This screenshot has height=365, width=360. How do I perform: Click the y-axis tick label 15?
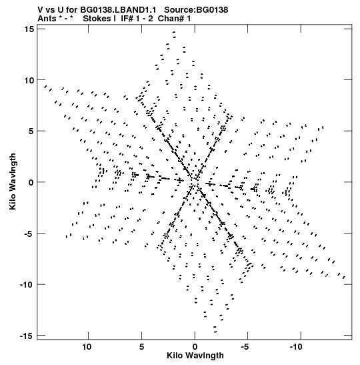point(29,29)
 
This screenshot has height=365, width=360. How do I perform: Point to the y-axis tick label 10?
point(29,80)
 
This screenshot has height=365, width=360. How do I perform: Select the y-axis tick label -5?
point(29,234)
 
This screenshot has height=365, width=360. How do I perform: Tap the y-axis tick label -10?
point(27,284)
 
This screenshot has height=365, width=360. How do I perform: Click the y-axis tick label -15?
point(27,336)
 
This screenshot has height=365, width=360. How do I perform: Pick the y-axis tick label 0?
point(31,182)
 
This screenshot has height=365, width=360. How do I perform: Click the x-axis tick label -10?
point(296,347)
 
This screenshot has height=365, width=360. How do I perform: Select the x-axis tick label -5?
point(245,347)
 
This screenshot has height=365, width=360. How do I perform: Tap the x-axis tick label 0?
point(195,347)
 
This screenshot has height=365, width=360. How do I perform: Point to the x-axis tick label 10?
point(87,347)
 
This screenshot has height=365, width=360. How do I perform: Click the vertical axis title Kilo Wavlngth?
point(13,181)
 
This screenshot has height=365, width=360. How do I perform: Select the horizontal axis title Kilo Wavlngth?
point(195,356)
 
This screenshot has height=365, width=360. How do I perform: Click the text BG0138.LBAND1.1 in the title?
point(118,10)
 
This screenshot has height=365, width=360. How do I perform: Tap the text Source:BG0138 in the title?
point(196,10)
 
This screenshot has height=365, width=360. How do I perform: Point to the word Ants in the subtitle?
point(47,19)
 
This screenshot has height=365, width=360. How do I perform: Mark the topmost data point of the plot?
point(174,32)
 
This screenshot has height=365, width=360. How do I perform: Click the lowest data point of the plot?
point(215,332)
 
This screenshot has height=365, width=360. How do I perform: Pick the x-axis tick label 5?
point(141,347)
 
